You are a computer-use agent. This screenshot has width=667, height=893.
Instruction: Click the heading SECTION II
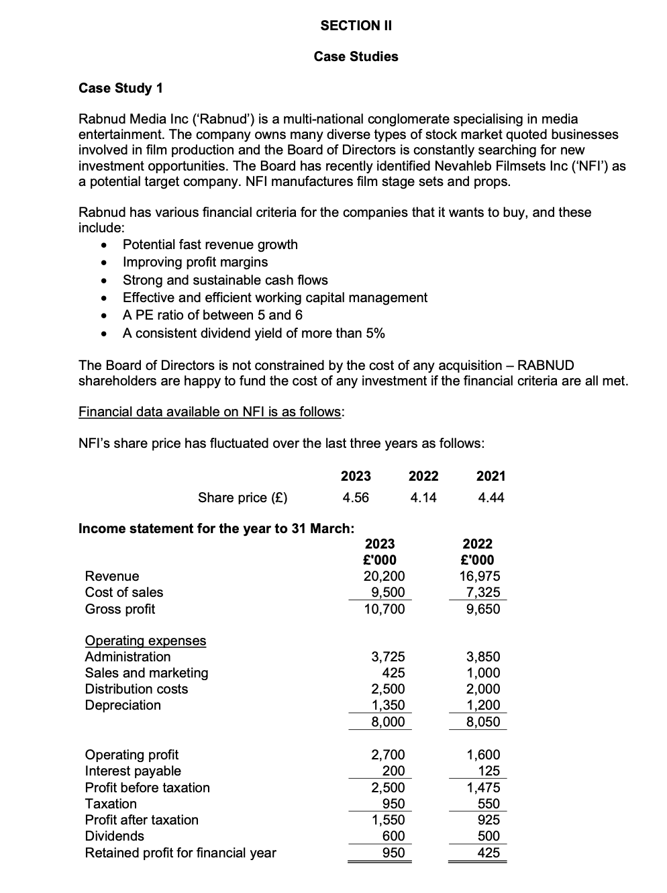click(356, 26)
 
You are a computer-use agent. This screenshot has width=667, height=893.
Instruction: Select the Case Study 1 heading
click(121, 88)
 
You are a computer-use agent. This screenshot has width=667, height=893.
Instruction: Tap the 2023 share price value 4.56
click(355, 498)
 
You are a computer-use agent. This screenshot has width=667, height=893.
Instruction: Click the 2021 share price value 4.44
click(491, 498)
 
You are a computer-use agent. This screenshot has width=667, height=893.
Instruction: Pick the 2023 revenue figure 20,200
click(384, 576)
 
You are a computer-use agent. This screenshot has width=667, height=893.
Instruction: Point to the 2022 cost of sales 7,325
click(483, 592)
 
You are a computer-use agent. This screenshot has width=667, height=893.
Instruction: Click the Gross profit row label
click(119, 609)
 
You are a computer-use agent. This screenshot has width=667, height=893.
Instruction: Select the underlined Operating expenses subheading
click(146, 641)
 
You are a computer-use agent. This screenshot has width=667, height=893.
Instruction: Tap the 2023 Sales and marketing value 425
click(393, 673)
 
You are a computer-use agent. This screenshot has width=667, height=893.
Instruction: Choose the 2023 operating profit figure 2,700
click(389, 755)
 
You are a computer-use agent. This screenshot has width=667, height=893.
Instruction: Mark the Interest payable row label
click(133, 771)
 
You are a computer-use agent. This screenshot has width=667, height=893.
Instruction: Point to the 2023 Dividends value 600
click(393, 836)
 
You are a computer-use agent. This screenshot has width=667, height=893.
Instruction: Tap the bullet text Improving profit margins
click(195, 262)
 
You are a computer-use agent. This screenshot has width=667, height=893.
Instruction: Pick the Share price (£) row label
click(242, 498)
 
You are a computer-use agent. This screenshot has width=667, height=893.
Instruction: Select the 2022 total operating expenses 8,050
click(483, 722)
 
